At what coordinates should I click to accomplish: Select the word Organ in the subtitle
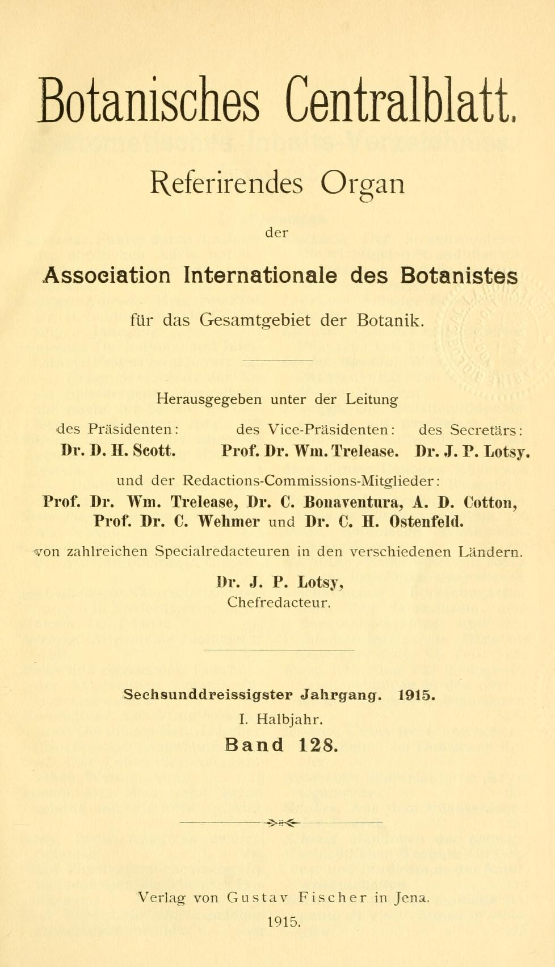pyautogui.click(x=363, y=185)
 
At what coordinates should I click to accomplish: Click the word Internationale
pyautogui.click(x=260, y=276)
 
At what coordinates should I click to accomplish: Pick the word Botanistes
pyautogui.click(x=459, y=276)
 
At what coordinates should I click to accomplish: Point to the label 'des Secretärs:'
pyautogui.click(x=471, y=429)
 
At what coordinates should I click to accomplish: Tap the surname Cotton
pyautogui.click(x=489, y=503)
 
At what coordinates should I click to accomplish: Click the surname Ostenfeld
pyautogui.click(x=427, y=522)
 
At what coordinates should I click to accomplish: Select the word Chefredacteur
pyautogui.click(x=279, y=602)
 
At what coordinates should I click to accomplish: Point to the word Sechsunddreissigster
pyautogui.click(x=208, y=694)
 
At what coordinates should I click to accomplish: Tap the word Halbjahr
pyautogui.click(x=289, y=719)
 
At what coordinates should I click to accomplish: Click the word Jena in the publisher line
pyautogui.click(x=413, y=898)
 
